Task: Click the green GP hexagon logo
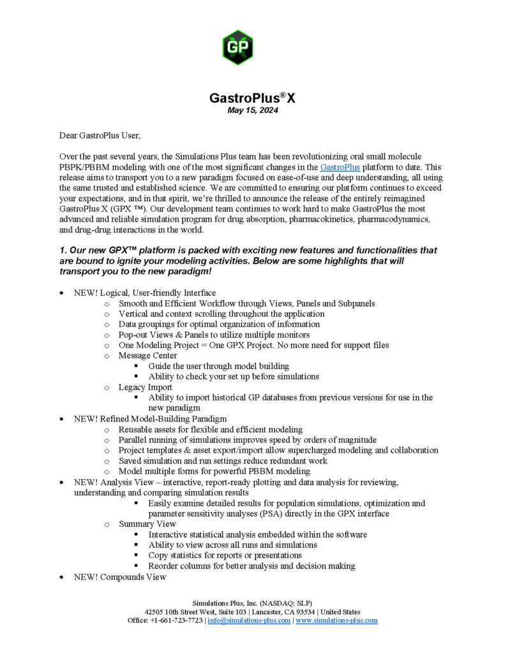click(x=237, y=46)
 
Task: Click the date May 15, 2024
click(x=253, y=110)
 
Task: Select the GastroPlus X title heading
click(x=253, y=98)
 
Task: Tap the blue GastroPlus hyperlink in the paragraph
click(x=340, y=167)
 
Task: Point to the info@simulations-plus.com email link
click(x=248, y=620)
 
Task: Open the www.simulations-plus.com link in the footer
click(x=336, y=620)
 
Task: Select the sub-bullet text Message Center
click(x=147, y=356)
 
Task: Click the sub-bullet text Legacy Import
click(x=145, y=387)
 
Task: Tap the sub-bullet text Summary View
click(x=147, y=524)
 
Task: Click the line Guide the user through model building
click(x=218, y=366)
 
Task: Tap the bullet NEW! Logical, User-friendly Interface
click(x=145, y=293)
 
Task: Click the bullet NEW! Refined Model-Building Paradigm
click(x=150, y=419)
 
